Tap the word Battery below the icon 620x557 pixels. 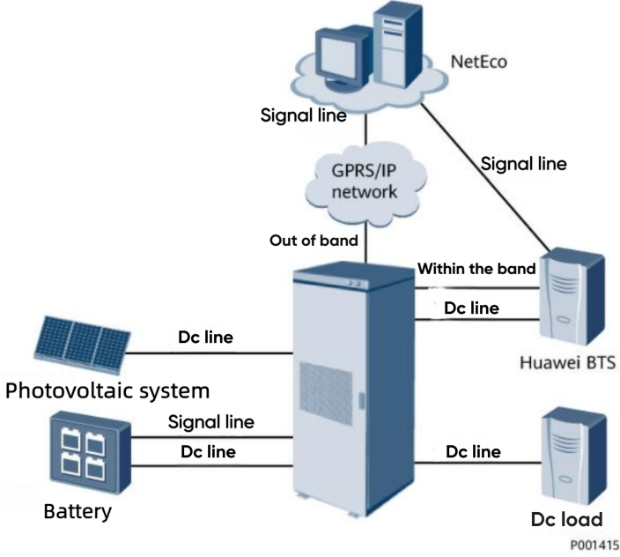point(77,511)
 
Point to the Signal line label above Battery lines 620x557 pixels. point(211,422)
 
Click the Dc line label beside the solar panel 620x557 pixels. point(207,337)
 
